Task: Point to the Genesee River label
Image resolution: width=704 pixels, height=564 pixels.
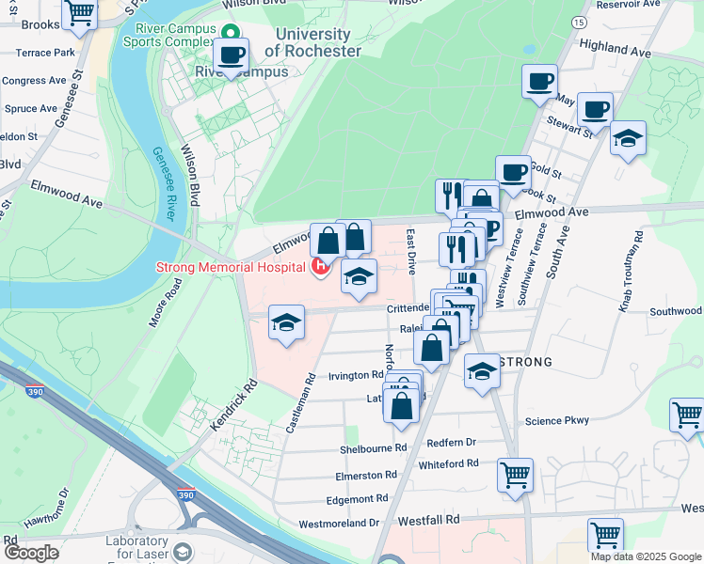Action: [x=165, y=183]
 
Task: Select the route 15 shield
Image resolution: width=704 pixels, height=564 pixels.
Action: [x=578, y=22]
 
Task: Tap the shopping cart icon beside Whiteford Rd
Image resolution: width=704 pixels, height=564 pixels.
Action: [x=516, y=475]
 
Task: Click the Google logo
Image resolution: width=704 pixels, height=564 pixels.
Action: [x=31, y=553]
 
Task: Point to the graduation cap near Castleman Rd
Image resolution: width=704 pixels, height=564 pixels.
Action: [x=287, y=322]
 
